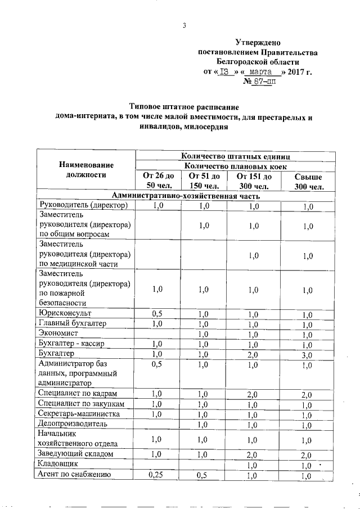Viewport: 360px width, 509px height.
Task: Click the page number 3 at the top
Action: click(x=184, y=25)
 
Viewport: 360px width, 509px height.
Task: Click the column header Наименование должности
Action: click(x=86, y=170)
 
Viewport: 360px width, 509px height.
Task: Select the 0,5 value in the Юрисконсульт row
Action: click(x=157, y=314)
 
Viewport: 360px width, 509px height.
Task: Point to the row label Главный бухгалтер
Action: click(x=71, y=323)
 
